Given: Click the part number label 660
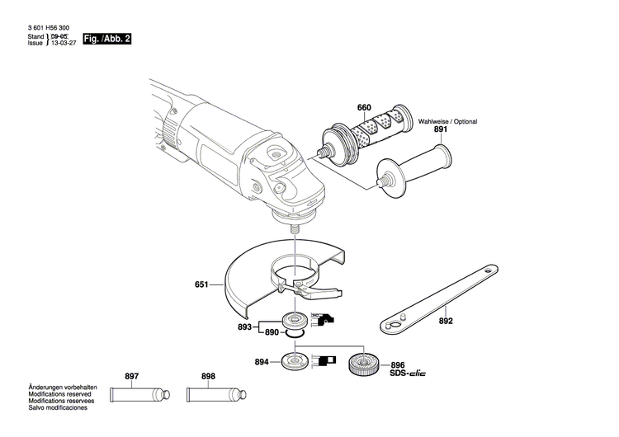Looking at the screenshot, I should (x=364, y=108).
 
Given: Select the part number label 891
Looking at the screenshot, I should (x=440, y=129).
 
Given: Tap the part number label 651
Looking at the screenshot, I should (x=201, y=285).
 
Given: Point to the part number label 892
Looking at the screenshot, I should (x=446, y=321).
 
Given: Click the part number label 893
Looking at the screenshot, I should (x=244, y=327).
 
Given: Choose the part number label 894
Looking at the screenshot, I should (x=262, y=362).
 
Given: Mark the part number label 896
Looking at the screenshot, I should (x=398, y=364).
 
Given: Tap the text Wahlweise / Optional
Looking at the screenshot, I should (x=447, y=121).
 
